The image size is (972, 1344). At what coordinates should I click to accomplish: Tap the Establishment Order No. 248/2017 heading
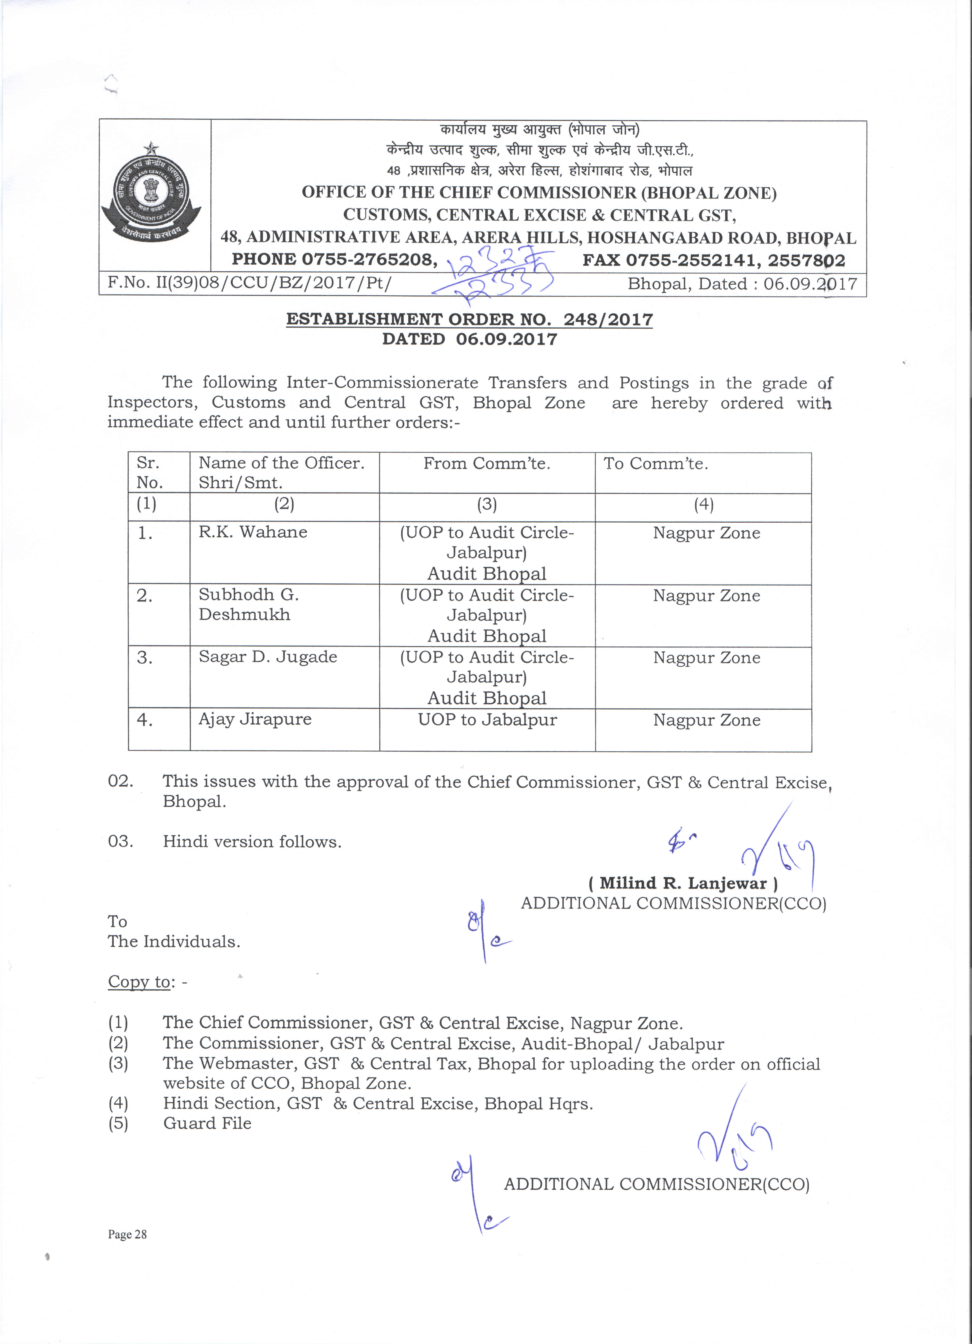(469, 319)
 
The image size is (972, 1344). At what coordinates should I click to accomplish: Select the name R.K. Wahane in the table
(253, 532)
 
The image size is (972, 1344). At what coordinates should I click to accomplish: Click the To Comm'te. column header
(656, 463)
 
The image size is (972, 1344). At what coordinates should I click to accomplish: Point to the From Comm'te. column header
(487, 463)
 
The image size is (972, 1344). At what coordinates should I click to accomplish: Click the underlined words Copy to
(139, 982)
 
